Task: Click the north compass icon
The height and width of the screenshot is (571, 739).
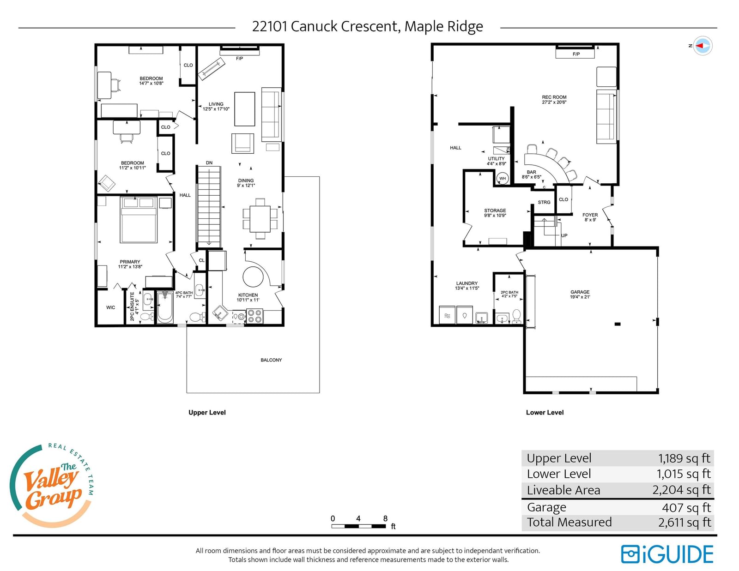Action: click(702, 46)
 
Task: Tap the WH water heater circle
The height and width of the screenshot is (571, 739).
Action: click(503, 178)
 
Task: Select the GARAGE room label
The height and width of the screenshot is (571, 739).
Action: click(580, 292)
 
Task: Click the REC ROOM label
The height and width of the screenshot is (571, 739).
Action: click(554, 97)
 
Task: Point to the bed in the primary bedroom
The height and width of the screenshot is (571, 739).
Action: click(139, 220)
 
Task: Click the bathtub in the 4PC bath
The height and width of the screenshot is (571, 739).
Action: click(165, 307)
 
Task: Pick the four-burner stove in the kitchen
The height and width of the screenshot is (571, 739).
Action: click(254, 316)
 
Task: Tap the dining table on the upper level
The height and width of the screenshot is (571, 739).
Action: click(260, 219)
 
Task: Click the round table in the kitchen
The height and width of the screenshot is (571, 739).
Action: click(253, 276)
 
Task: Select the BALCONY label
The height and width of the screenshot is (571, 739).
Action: click(271, 360)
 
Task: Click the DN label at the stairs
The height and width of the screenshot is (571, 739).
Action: click(209, 163)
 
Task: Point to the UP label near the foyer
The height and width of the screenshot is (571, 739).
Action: click(564, 235)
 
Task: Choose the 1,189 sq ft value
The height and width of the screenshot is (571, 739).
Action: click(684, 458)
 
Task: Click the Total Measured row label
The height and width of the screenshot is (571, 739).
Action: click(569, 522)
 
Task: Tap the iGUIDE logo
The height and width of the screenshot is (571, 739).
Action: click(667, 554)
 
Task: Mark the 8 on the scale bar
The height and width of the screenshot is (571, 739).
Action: click(385, 518)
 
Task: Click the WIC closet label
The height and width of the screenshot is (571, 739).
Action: click(110, 307)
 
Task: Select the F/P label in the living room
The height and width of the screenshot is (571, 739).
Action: click(239, 59)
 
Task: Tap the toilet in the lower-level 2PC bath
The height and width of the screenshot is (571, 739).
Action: click(516, 316)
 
